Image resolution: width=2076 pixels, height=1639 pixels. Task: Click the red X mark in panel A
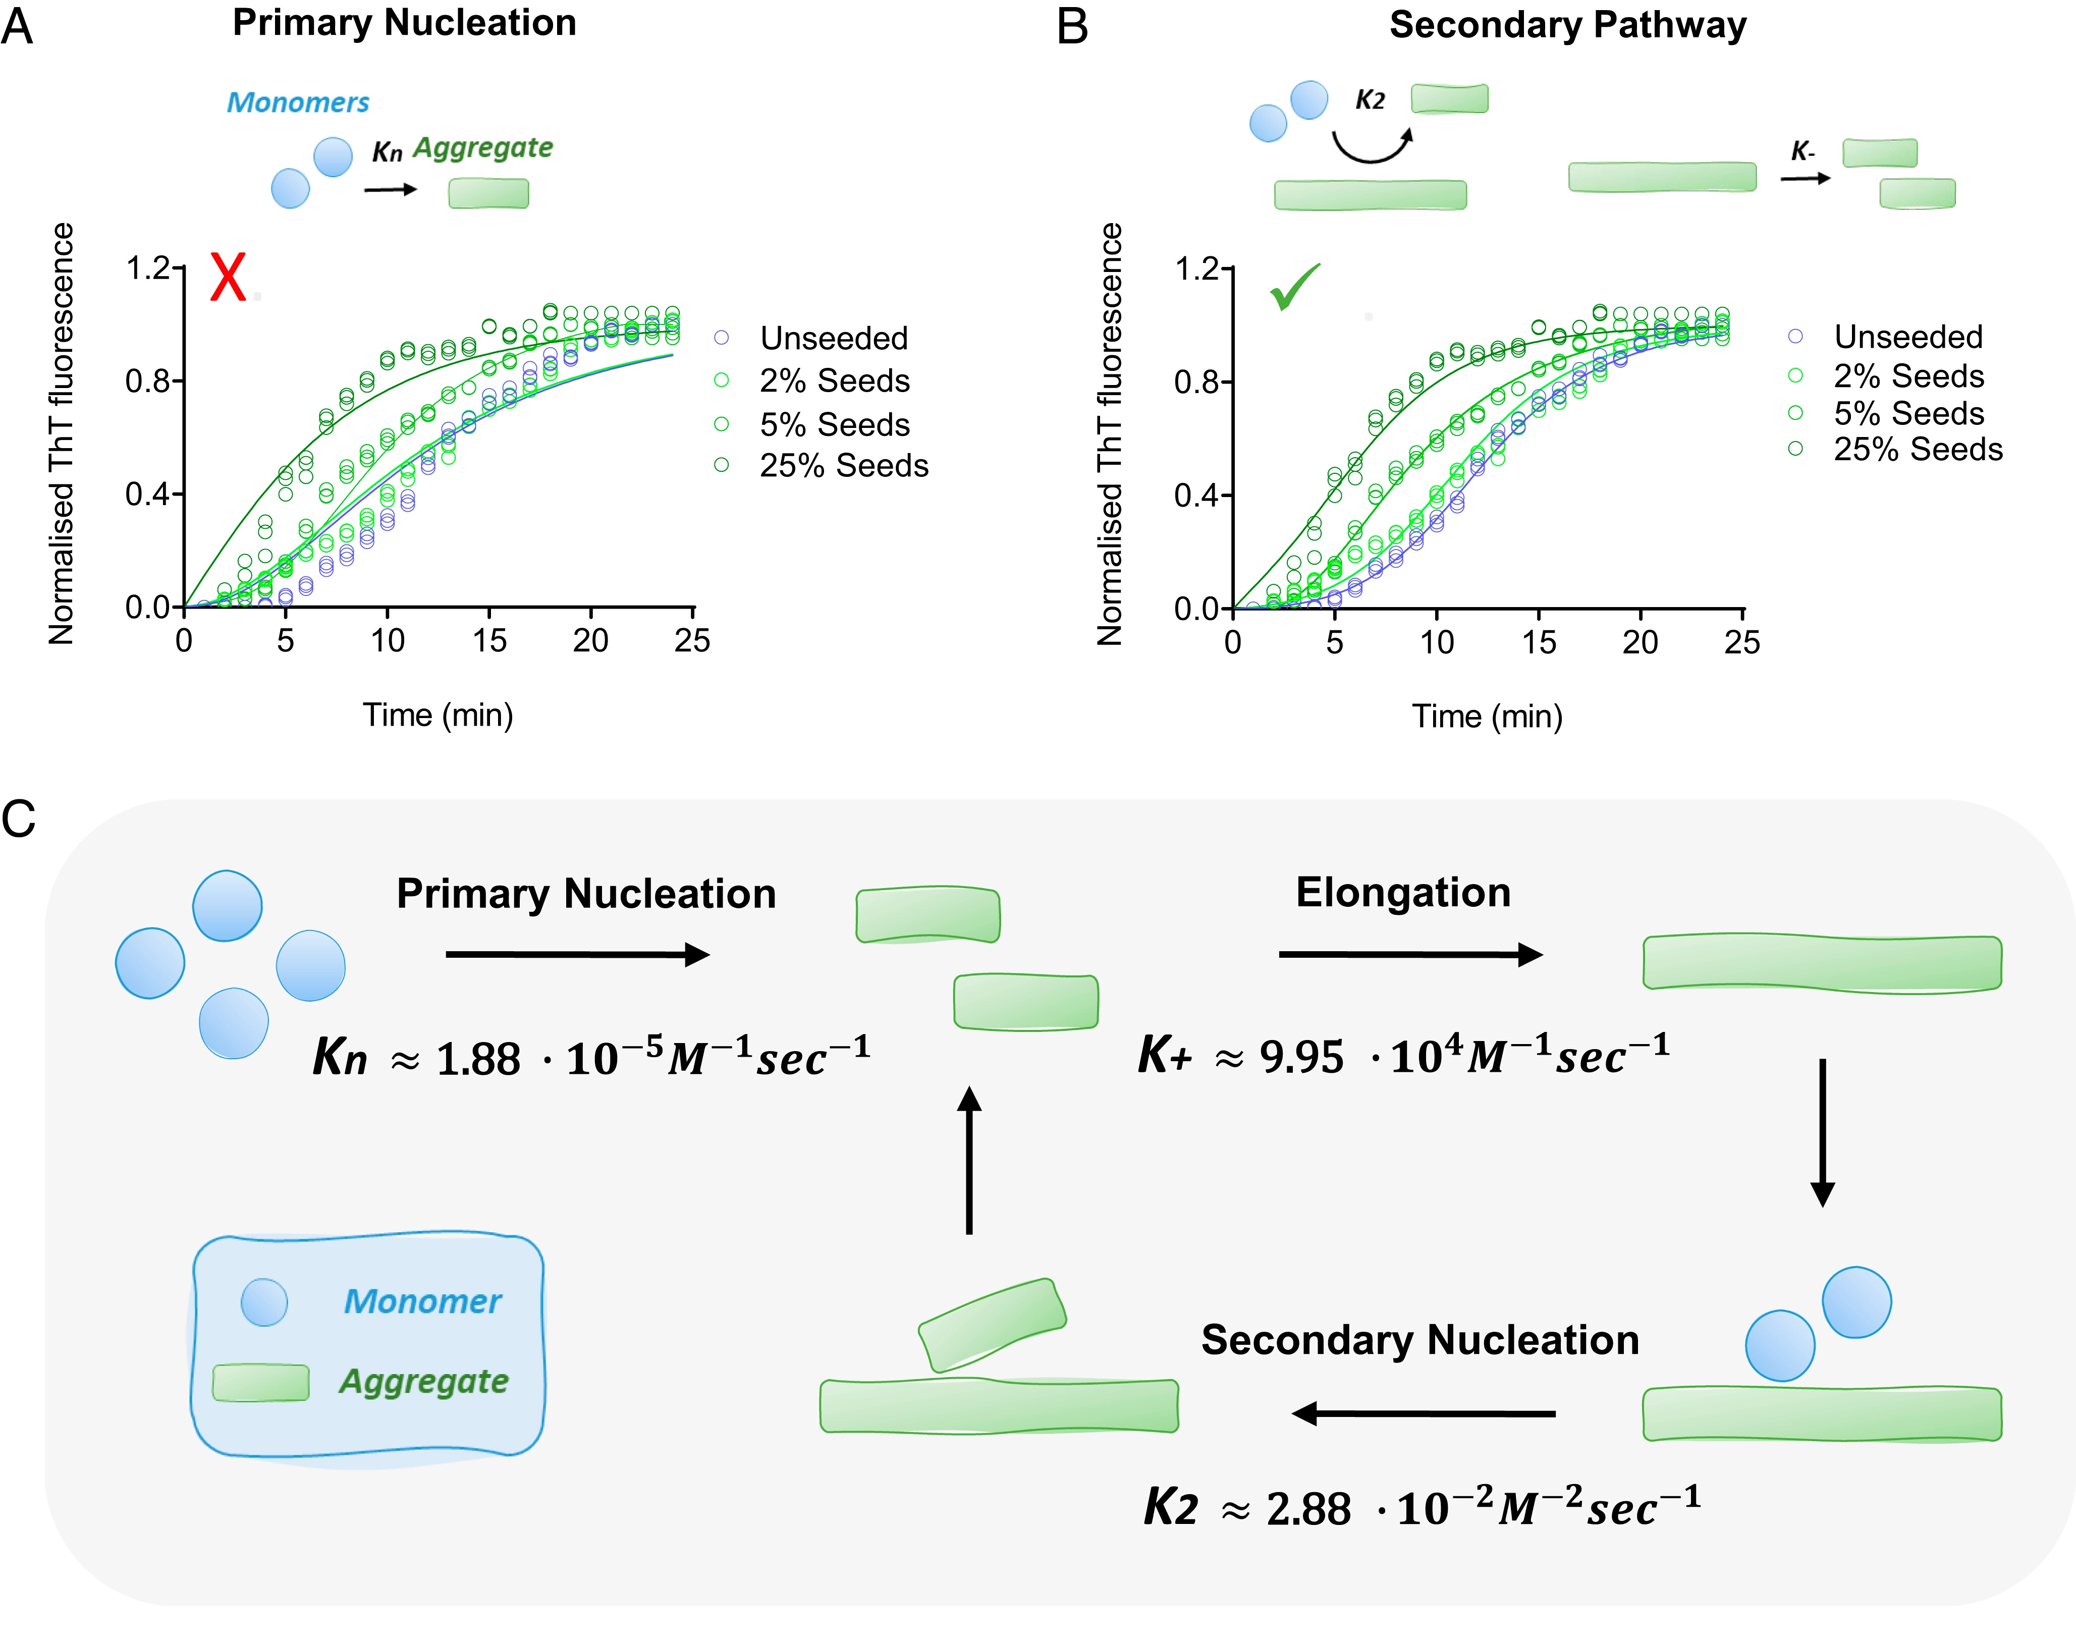point(228,278)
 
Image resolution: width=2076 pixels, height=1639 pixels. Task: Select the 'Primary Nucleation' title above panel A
point(404,23)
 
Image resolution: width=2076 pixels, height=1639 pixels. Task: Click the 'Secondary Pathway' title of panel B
point(1567,25)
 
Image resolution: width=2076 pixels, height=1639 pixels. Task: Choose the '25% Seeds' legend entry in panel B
point(1917,449)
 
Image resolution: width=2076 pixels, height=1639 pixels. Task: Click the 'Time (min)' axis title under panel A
point(438,715)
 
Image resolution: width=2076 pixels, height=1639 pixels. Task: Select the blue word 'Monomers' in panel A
point(297,102)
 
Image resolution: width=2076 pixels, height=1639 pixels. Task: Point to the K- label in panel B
point(1802,151)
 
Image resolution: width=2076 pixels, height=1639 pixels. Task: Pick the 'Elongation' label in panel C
point(1402,893)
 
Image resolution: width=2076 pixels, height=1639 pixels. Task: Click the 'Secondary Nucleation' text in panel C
point(1420,1340)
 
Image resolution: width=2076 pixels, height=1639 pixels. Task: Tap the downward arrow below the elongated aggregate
point(1822,1132)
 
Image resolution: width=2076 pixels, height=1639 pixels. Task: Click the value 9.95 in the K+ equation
point(1301,1057)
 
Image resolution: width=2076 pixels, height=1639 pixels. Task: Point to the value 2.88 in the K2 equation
point(1307,1508)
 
